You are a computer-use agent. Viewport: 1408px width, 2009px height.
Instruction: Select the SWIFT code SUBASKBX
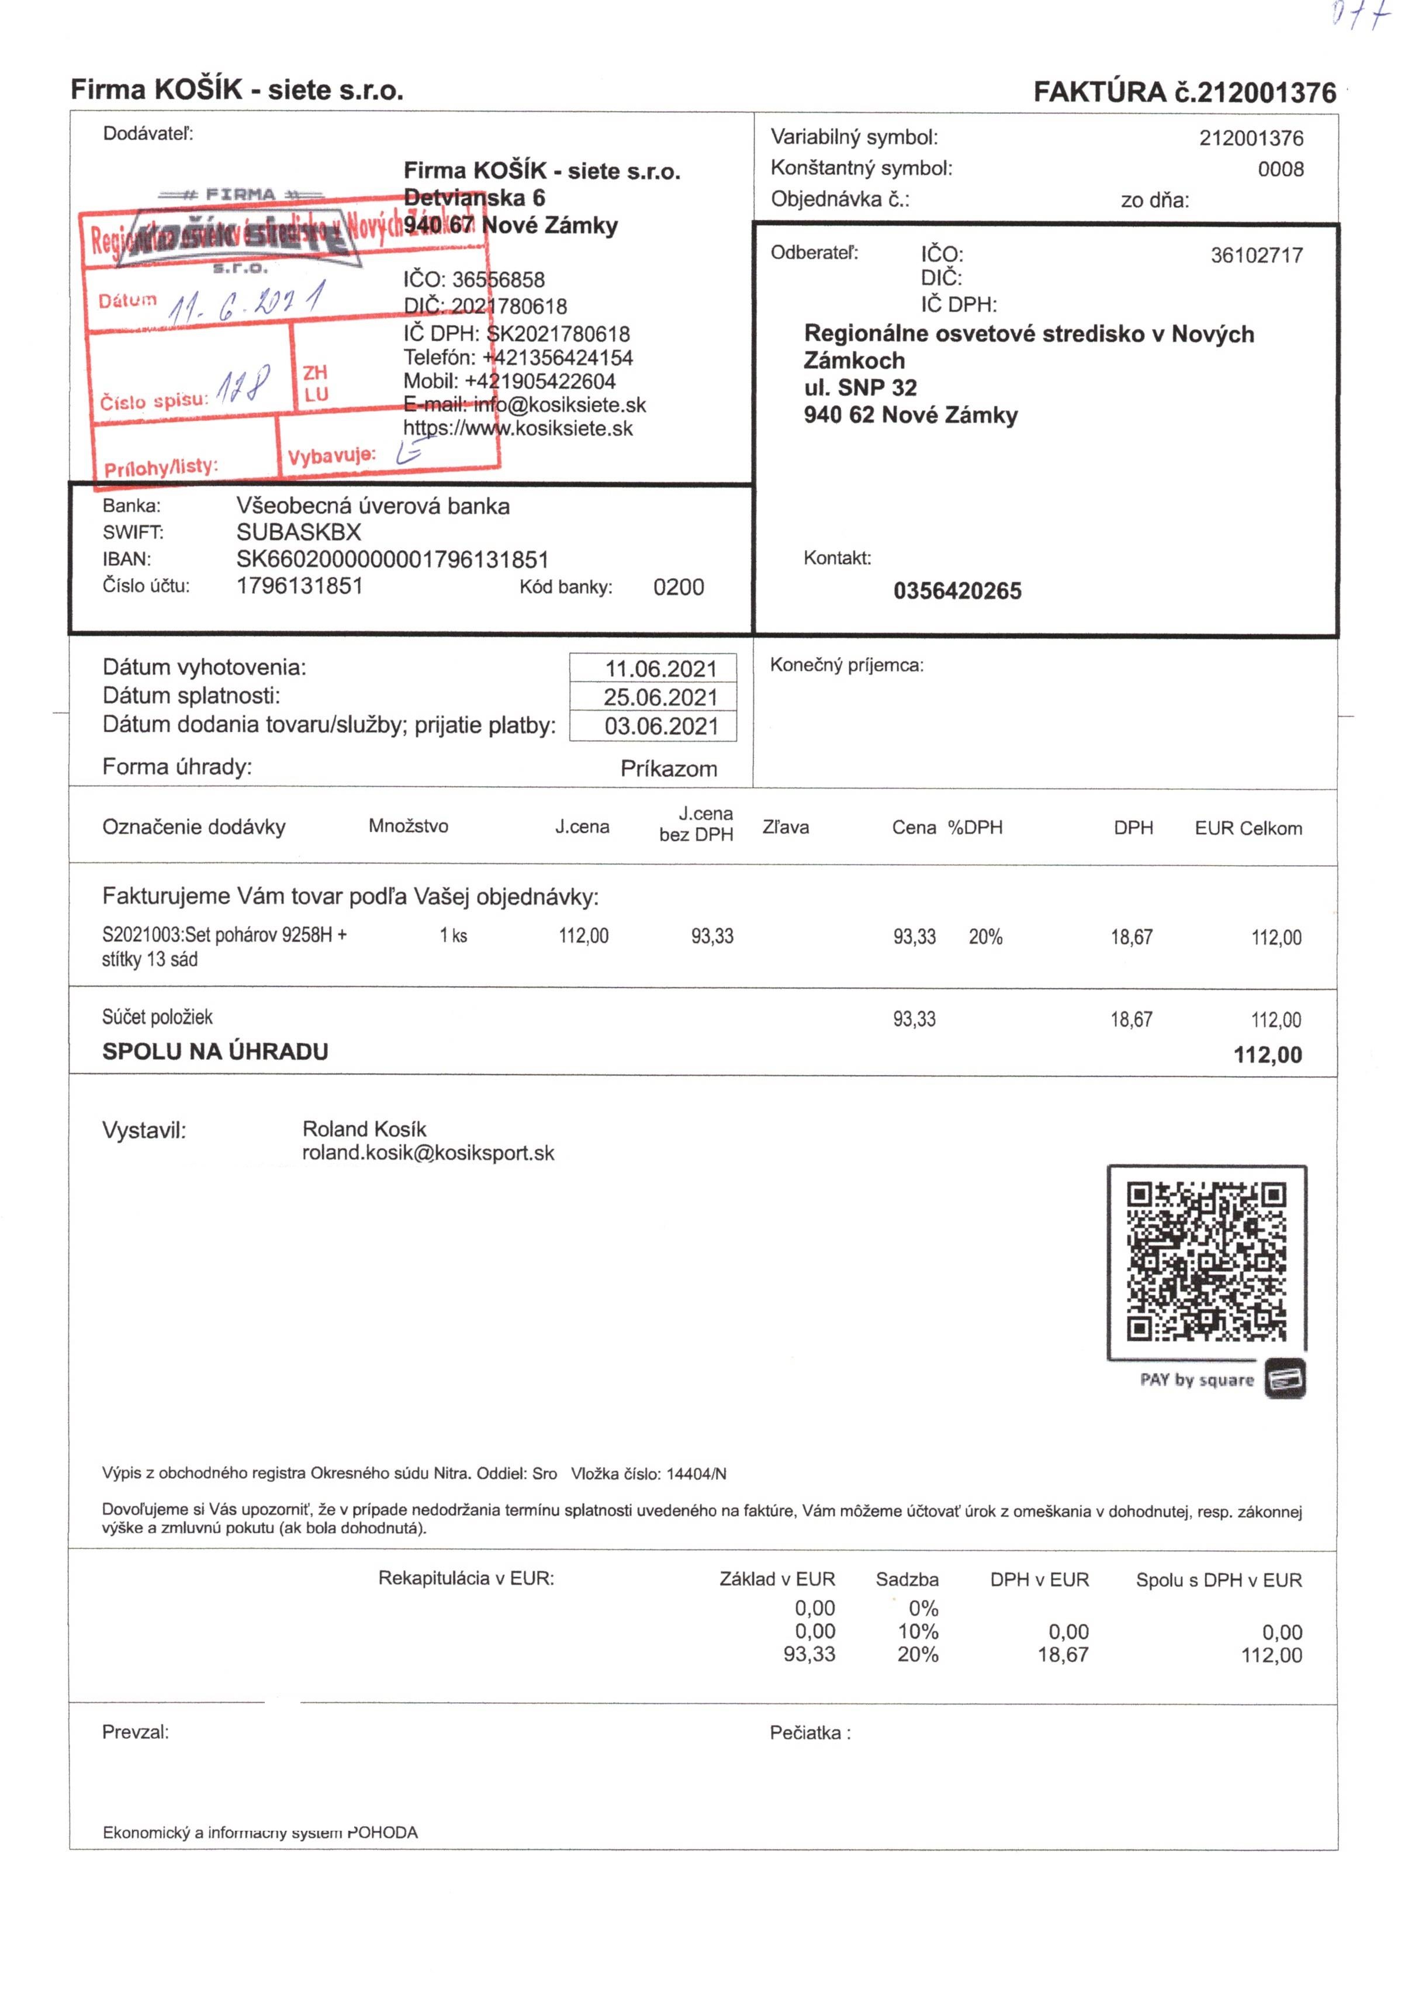coord(299,532)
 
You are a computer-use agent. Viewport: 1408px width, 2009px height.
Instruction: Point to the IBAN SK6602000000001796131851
coord(392,559)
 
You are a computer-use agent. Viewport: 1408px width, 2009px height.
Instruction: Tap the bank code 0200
coord(678,587)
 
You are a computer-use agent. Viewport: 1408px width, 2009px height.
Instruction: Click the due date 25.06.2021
coord(660,697)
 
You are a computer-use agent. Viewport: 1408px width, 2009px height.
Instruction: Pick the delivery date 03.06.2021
coord(660,726)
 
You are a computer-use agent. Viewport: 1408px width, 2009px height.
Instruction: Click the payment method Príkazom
coord(669,769)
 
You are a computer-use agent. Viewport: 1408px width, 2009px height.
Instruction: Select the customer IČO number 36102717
coord(1255,255)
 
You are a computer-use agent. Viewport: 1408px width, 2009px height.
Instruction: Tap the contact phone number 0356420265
coord(957,592)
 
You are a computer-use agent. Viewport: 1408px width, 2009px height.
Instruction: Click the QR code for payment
coord(1206,1262)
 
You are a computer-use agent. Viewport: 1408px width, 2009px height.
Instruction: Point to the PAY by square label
coord(1196,1380)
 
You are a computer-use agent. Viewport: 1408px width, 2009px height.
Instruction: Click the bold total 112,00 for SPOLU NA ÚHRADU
coord(1267,1054)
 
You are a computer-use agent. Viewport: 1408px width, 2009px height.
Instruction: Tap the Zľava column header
coord(785,828)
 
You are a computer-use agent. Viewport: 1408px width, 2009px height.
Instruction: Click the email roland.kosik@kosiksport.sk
coord(428,1153)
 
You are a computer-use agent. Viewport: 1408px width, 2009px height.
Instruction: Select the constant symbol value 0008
coord(1280,169)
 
